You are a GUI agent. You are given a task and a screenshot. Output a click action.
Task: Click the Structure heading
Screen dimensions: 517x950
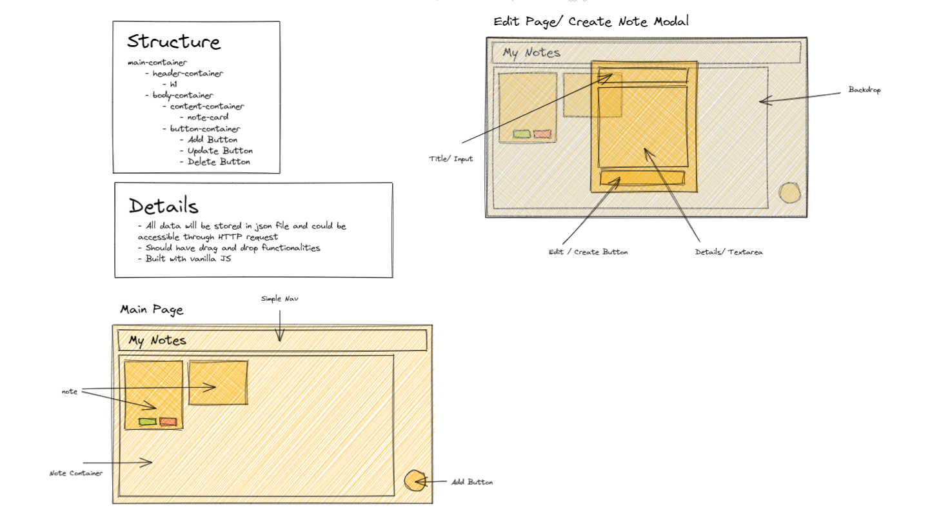click(173, 42)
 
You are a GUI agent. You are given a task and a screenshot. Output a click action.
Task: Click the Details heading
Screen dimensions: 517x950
click(163, 206)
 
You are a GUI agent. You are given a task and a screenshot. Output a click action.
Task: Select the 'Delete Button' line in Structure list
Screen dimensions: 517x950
click(219, 162)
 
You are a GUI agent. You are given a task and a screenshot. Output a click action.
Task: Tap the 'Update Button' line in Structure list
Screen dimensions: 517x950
click(220, 151)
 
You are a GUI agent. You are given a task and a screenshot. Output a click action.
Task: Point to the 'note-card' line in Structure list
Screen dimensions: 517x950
click(208, 117)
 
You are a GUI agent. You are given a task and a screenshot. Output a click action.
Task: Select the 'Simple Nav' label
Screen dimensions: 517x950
click(280, 299)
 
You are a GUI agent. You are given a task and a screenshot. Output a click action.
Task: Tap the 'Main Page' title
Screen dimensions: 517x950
click(152, 310)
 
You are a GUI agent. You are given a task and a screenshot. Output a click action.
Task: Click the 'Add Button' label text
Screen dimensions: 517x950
click(472, 482)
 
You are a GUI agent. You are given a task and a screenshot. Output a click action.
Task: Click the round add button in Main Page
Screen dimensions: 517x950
click(416, 481)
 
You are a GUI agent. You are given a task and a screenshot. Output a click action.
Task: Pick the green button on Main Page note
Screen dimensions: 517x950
click(148, 422)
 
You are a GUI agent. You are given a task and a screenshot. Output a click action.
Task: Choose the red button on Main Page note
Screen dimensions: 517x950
click(168, 422)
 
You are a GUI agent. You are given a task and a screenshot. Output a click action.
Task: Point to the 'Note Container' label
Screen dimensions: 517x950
click(76, 473)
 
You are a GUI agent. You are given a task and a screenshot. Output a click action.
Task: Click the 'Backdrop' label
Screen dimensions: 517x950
click(864, 90)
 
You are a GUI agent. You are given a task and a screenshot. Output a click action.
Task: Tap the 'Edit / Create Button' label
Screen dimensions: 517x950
click(588, 252)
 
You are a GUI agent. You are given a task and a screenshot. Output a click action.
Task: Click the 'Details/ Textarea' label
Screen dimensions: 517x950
click(729, 252)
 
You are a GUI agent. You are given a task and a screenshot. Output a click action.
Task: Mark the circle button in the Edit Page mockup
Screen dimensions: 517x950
click(789, 193)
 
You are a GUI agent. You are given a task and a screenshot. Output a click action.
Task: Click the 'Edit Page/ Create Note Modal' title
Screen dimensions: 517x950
click(591, 21)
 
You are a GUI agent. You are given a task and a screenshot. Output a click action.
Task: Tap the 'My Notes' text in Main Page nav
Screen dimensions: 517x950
click(157, 341)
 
